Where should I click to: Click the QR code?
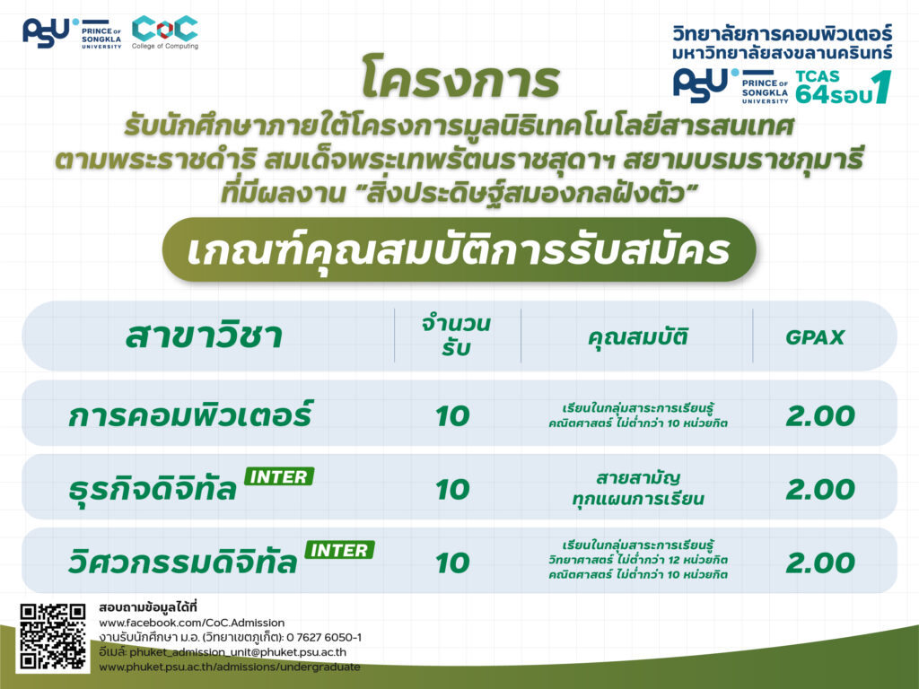(53, 637)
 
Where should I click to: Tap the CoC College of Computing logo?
(165, 33)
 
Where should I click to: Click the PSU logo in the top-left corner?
(72, 33)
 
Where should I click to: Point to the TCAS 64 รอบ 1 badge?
(844, 87)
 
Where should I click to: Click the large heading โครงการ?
(460, 77)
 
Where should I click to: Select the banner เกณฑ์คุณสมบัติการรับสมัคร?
(459, 250)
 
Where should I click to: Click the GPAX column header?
(815, 337)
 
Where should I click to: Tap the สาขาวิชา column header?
(204, 336)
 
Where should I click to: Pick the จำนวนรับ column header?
(456, 336)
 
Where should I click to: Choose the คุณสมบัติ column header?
(638, 337)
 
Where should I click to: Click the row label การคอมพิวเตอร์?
(190, 414)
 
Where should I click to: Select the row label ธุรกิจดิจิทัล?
(153, 489)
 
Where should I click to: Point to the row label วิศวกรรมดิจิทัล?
(183, 562)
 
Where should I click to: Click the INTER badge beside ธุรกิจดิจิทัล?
(279, 476)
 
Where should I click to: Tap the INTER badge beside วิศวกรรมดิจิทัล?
(339, 550)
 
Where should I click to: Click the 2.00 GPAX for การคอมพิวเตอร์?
(820, 416)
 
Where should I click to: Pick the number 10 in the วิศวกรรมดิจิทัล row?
(452, 563)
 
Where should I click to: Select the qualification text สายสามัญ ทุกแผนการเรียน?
(638, 488)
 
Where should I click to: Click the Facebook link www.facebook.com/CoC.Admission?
(192, 623)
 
